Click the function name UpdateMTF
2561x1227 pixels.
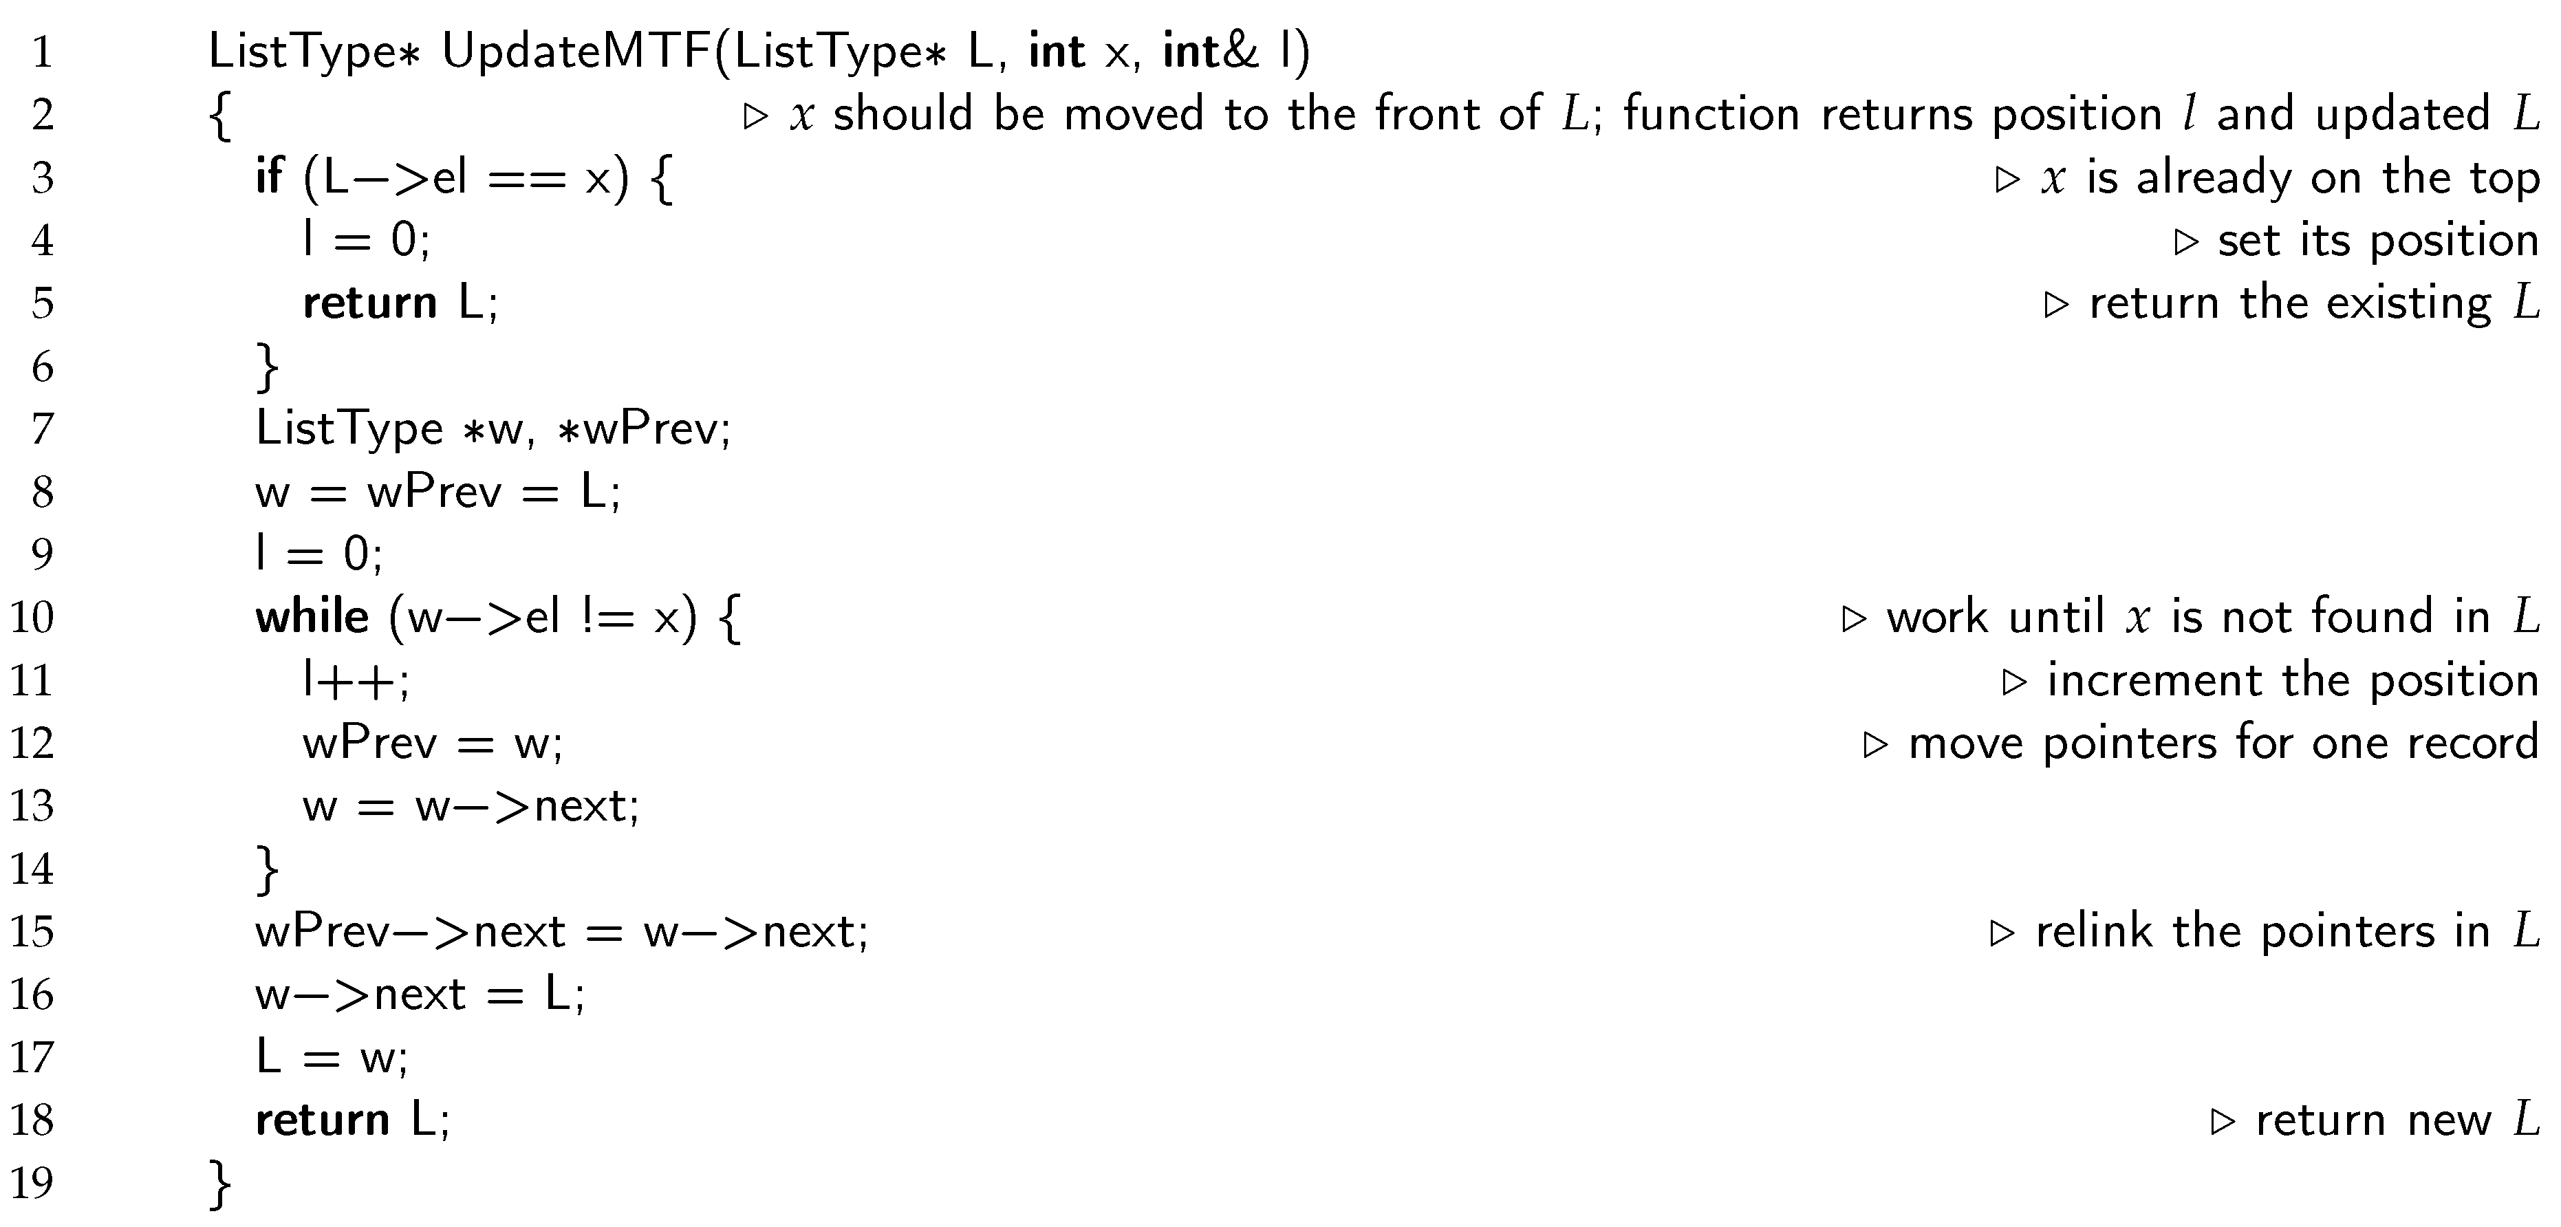click(576, 52)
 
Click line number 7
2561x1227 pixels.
click(42, 428)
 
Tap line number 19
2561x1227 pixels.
click(32, 1182)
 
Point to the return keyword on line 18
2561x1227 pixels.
click(322, 1120)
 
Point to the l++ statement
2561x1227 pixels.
click(355, 681)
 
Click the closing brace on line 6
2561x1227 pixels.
click(268, 367)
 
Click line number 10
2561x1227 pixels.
click(32, 618)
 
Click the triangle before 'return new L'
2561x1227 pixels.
click(2221, 1122)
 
